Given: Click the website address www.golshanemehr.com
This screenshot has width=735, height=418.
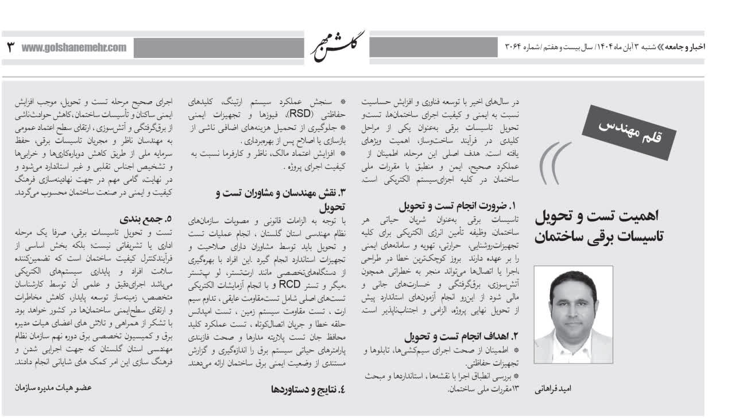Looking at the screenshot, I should (74, 47).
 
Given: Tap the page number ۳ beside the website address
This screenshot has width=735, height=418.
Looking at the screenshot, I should (10, 47).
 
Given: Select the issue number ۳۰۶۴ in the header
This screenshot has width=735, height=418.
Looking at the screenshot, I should (515, 47).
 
